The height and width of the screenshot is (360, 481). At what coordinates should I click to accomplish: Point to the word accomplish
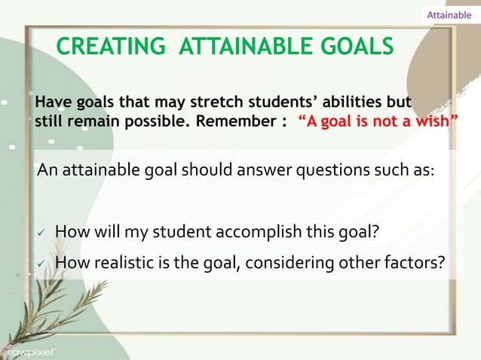(268, 230)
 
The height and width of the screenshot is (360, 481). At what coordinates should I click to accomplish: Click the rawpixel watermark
(29, 350)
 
